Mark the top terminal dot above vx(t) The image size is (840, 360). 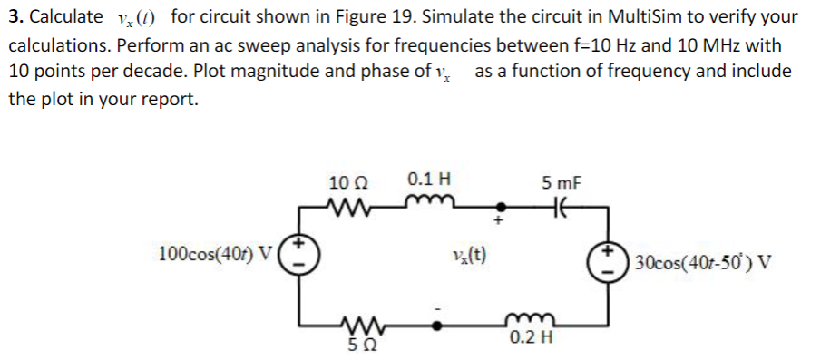click(495, 205)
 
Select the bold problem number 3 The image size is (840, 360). click(15, 16)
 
